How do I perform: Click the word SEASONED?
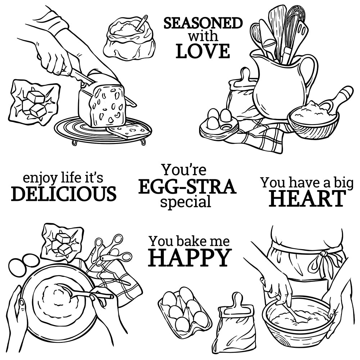(203, 23)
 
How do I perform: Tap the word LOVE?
(203, 51)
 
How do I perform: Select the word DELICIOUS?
(64, 194)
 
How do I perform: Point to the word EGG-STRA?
(187, 186)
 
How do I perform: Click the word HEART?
(307, 198)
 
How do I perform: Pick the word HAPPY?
(190, 258)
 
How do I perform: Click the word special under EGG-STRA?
(185, 202)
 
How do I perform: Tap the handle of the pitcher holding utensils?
(310, 73)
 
